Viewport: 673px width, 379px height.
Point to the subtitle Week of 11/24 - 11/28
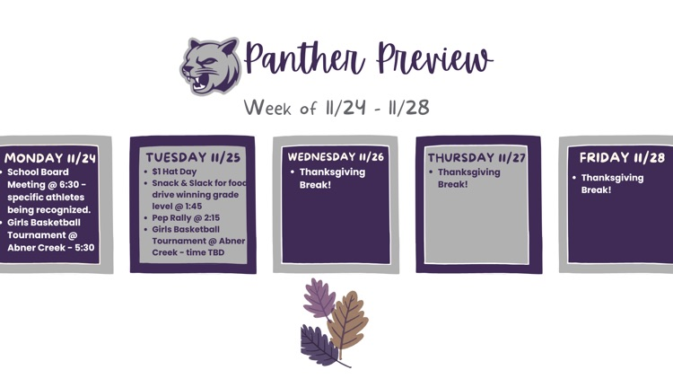pos(336,108)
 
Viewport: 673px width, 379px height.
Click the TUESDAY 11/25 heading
pos(193,156)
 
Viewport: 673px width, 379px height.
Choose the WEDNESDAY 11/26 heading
pos(336,156)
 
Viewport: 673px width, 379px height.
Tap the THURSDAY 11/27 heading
pos(476,157)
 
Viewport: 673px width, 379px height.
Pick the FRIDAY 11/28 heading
pos(622,158)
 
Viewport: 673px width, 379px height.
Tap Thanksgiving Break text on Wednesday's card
pos(332,178)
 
